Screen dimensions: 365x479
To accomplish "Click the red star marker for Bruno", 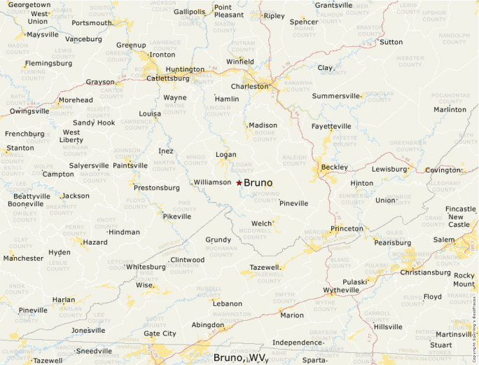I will pos(239,183).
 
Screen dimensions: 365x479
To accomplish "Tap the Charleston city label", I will pos(250,87).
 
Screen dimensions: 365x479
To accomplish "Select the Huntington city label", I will pos(185,69).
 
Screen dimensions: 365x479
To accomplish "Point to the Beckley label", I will pos(335,167).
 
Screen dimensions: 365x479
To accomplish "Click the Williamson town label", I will pos(212,182).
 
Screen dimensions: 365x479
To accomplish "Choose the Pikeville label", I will pos(176,216).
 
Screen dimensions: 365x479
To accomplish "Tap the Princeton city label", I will pos(347,228).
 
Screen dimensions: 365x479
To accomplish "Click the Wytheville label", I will pos(341,290).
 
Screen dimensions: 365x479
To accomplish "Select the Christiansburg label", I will pos(425,273).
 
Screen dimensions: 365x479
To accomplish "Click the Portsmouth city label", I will pos(92,22).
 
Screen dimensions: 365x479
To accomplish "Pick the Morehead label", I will pos(76,100).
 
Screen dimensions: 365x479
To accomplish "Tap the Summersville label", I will pos(336,96).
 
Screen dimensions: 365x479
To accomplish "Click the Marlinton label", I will pos(450,109).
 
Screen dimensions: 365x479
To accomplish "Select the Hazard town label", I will pos(95,242).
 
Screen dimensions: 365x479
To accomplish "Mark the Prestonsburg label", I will pos(157,188).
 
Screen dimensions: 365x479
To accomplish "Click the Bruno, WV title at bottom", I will pos(240,357).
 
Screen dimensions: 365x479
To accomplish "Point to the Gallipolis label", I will pos(190,12).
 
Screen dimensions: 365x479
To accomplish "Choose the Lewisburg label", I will pos(389,170).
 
